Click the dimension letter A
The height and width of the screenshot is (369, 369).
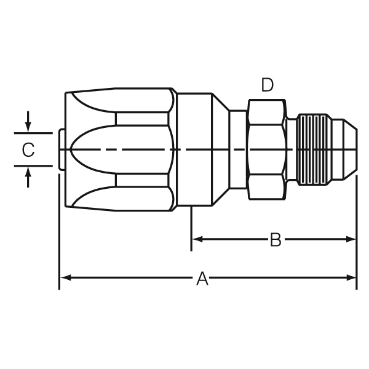pyautogui.click(x=202, y=279)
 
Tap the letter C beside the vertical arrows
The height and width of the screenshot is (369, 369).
pyautogui.click(x=28, y=150)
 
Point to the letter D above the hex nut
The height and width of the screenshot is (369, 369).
pyautogui.click(x=266, y=85)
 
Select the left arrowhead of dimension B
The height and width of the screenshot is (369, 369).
pyautogui.click(x=197, y=239)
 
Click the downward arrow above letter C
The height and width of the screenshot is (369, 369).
pyautogui.click(x=28, y=125)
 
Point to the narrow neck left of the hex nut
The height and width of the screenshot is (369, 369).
pyautogui.click(x=238, y=149)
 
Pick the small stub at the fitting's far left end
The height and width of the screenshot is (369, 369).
pyautogui.click(x=60, y=149)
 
